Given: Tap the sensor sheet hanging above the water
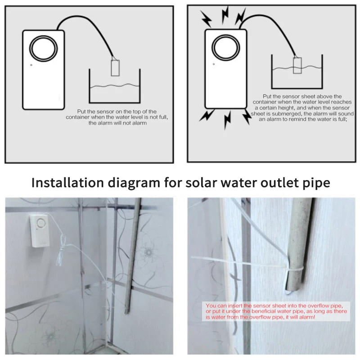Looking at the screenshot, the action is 115,68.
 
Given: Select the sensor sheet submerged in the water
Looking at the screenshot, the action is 297,65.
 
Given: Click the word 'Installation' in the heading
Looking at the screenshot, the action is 68,183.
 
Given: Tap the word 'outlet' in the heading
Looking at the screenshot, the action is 280,183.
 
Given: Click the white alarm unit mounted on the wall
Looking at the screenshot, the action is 40,231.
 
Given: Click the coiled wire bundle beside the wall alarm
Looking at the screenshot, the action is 60,251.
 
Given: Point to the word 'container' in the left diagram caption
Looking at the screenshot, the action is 77,117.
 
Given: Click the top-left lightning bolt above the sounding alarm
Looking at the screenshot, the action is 206,19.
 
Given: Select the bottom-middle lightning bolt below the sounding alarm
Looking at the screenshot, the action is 227,120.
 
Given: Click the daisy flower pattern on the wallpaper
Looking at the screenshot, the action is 148,253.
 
